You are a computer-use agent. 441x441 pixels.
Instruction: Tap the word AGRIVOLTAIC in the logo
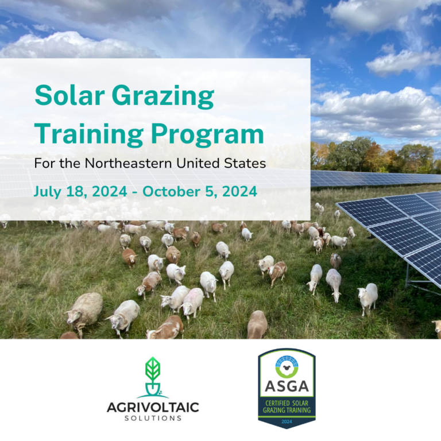(x=153, y=408)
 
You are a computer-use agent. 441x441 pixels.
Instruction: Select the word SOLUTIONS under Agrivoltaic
(x=153, y=419)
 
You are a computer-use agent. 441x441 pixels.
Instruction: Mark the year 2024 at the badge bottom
(x=286, y=422)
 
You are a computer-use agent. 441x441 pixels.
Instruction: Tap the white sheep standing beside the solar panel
(x=367, y=297)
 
